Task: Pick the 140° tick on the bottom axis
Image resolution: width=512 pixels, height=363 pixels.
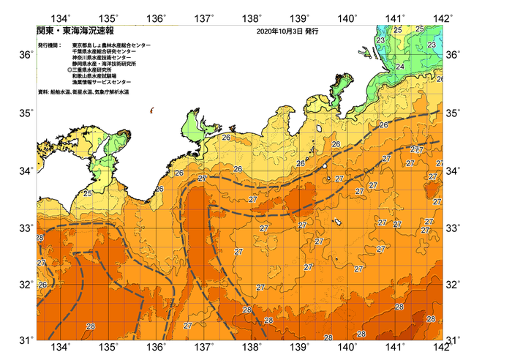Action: point(347,346)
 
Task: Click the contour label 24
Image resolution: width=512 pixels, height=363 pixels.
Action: point(400,67)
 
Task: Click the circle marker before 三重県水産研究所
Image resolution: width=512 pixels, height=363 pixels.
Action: point(69,70)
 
